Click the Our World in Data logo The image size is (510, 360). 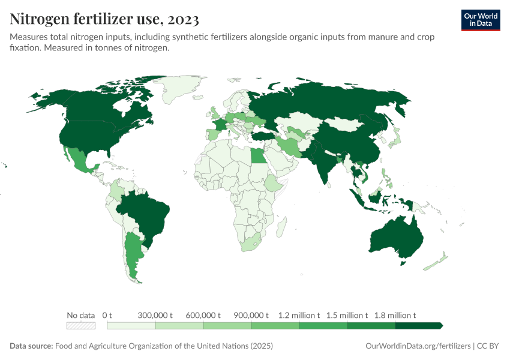[480, 20]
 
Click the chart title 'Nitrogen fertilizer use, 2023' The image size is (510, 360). [104, 20]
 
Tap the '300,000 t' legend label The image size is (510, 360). [155, 315]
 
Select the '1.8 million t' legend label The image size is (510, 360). [395, 315]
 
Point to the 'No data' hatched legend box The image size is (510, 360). [81, 325]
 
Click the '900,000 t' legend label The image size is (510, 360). [251, 315]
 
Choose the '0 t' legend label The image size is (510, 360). [107, 315]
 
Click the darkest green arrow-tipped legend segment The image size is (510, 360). [419, 325]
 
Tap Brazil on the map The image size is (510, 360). [147, 213]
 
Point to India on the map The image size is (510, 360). [324, 162]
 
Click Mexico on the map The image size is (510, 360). [77, 159]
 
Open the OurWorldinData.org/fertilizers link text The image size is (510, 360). [418, 346]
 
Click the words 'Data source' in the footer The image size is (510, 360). [31, 346]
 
